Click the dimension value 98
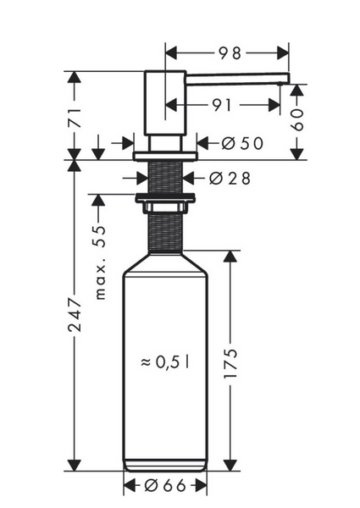230,53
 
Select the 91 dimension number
222,105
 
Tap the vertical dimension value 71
75,119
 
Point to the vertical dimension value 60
298,119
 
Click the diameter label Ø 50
242,143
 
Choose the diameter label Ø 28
230,178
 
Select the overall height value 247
75,315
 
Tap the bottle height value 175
230,363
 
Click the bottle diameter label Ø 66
165,485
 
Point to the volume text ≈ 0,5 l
165,362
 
